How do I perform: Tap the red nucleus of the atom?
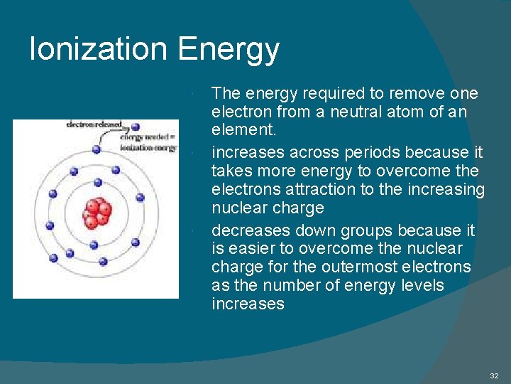pos(97,212)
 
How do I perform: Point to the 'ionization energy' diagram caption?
pos(148,148)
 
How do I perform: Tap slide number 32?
pos(494,375)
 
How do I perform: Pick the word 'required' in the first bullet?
pos(337,94)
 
